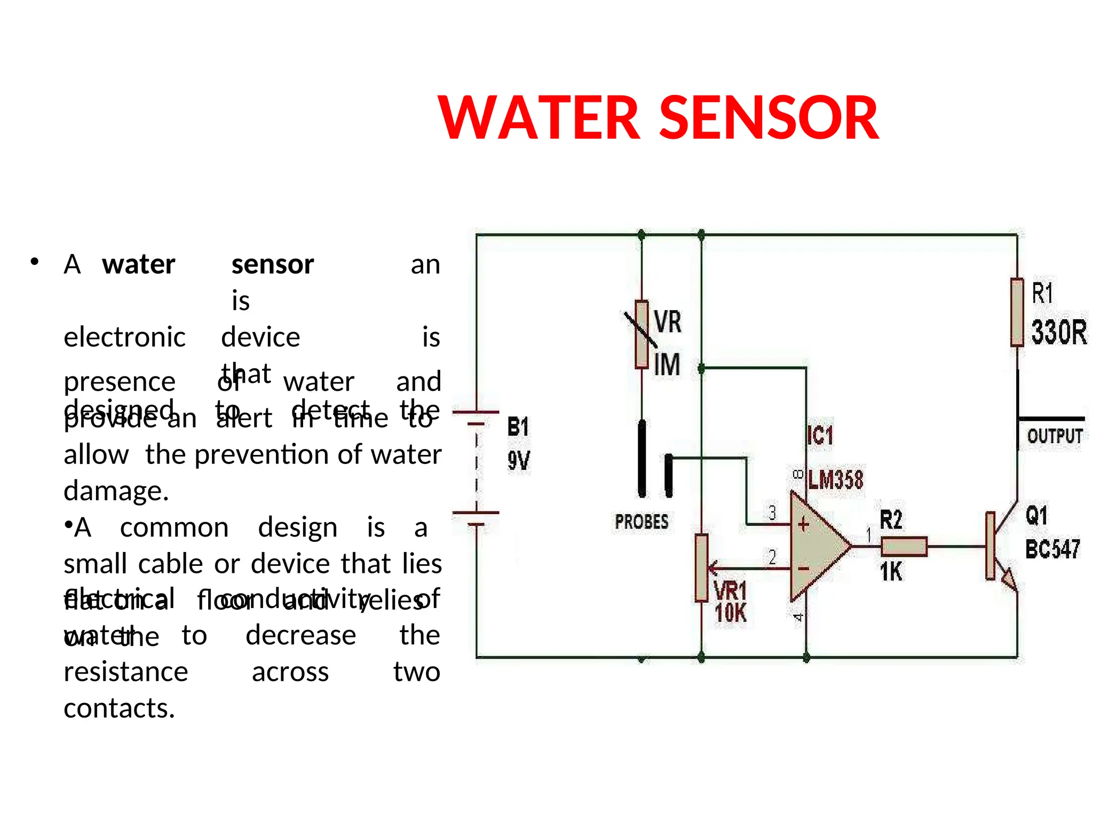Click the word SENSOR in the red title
(770, 118)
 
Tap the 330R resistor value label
(1058, 332)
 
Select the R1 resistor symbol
(1017, 312)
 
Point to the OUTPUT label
(1055, 436)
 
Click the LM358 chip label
(836, 480)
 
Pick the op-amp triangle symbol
(817, 547)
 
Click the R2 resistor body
(904, 547)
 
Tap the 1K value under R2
(891, 572)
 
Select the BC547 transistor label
(1052, 549)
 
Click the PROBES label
(641, 522)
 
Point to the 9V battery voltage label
(518, 461)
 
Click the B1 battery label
(518, 427)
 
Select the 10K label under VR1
(731, 613)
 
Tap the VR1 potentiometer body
(701, 568)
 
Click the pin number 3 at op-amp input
(772, 513)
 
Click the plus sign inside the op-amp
(804, 525)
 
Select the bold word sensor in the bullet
(273, 264)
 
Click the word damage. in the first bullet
(116, 491)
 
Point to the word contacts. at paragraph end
(119, 708)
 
